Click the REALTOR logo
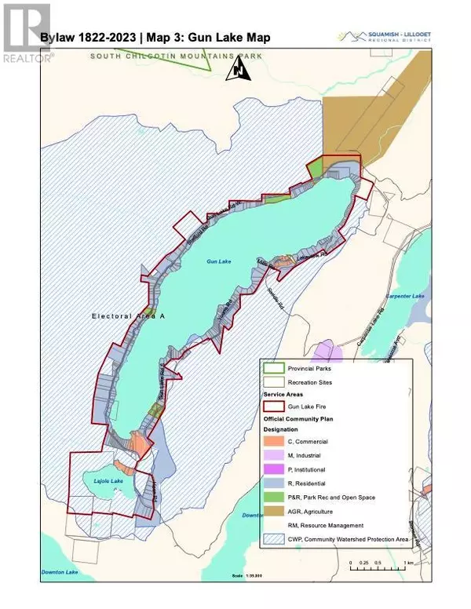pyautogui.click(x=27, y=31)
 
